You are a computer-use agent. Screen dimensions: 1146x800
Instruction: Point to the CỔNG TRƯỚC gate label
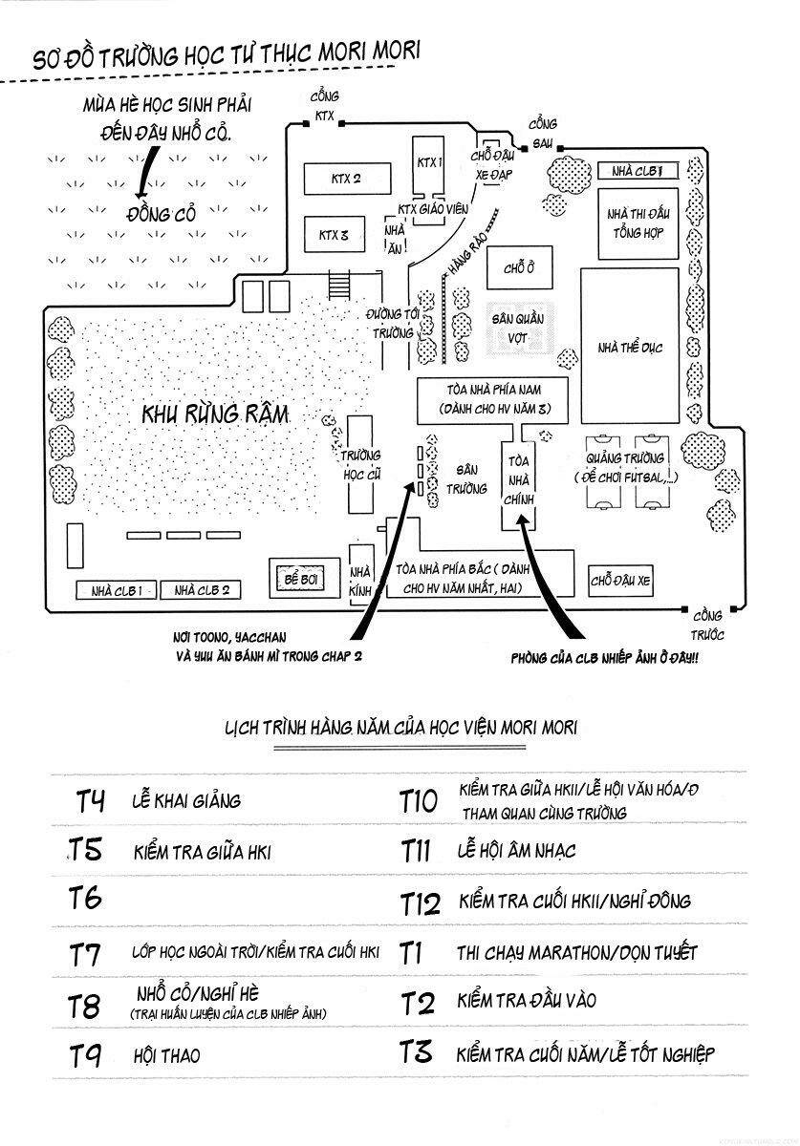point(708,625)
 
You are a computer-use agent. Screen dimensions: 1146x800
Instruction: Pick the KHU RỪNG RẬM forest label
point(213,415)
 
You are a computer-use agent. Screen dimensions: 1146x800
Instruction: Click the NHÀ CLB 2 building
point(202,590)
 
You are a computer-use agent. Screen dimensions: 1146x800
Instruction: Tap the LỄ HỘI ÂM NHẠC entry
point(516,850)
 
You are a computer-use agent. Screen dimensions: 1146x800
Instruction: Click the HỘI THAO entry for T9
point(166,1055)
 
